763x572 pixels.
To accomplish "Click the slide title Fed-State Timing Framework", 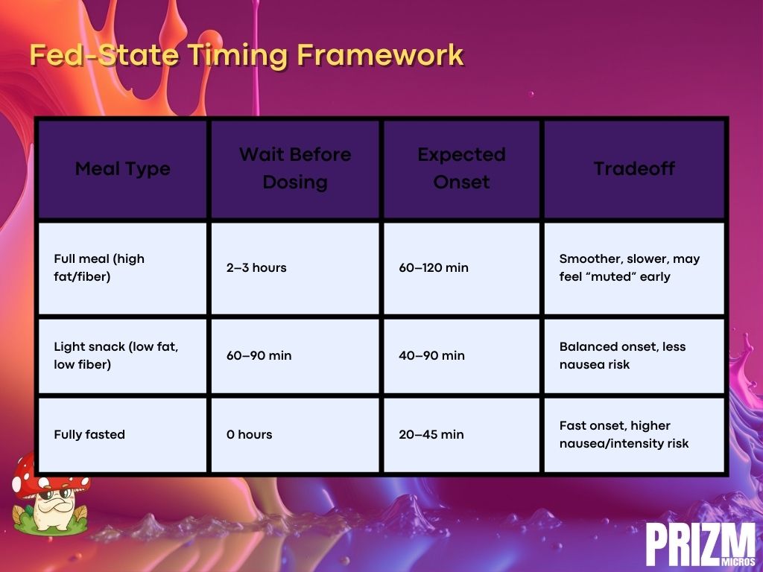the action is click(x=246, y=55).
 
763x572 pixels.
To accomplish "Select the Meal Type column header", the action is click(x=123, y=169).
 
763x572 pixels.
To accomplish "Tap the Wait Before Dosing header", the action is click(x=295, y=168).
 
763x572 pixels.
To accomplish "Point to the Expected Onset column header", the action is click(x=461, y=168).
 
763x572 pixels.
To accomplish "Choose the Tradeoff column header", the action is click(x=634, y=169).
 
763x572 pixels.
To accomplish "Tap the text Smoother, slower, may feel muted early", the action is click(x=629, y=267).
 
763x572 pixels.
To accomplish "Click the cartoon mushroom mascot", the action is click(x=50, y=495).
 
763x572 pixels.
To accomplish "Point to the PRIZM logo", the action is click(x=700, y=544).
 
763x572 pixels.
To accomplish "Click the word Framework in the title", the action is click(x=380, y=54).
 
